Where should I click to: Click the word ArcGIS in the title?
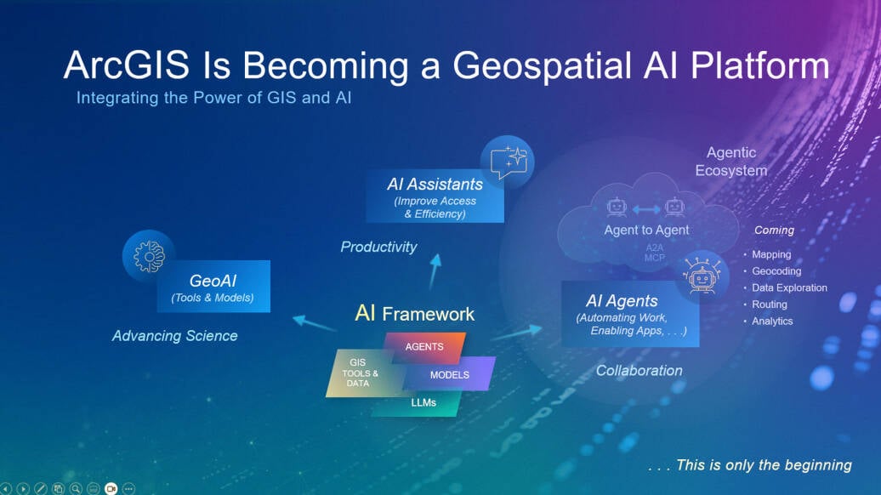click(x=127, y=65)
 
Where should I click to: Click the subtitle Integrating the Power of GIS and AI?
click(x=214, y=98)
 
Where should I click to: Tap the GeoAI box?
click(x=213, y=287)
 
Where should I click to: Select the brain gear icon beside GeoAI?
click(x=149, y=256)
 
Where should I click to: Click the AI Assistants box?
click(x=435, y=196)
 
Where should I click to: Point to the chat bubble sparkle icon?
click(x=508, y=162)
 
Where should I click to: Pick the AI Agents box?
click(x=630, y=314)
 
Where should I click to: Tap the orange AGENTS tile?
click(x=425, y=347)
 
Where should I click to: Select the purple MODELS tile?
click(x=450, y=374)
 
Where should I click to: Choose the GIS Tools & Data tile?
click(x=360, y=373)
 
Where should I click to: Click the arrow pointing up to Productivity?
click(x=435, y=272)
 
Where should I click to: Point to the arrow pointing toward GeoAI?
click(x=314, y=323)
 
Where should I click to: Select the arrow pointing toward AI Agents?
click(x=516, y=333)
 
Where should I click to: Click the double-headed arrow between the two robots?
click(x=646, y=209)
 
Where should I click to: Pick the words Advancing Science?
click(x=174, y=336)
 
